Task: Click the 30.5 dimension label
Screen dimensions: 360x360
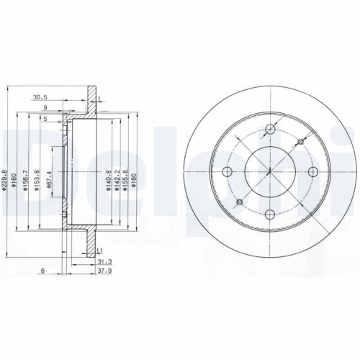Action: pos(40,96)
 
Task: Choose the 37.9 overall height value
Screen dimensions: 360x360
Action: pos(105,272)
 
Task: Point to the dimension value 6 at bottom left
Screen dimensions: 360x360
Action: pos(43,271)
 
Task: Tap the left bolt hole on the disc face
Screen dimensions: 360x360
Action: pos(228,171)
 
